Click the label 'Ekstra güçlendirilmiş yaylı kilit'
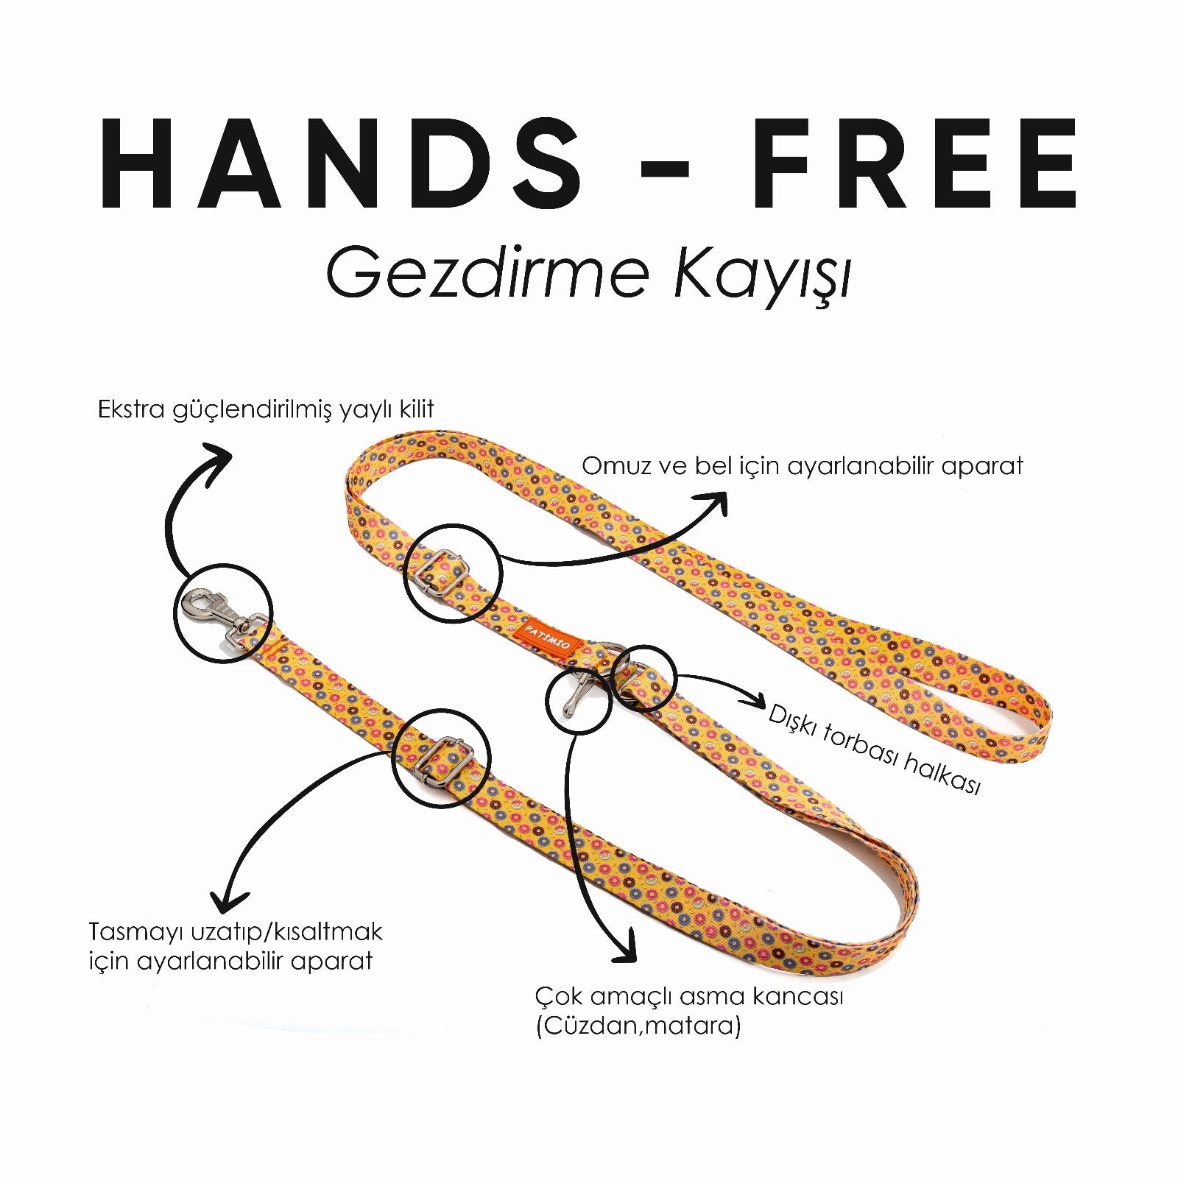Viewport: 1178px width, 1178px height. (266, 410)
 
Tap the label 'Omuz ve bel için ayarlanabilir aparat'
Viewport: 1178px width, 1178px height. (803, 467)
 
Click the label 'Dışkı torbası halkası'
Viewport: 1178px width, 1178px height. (874, 749)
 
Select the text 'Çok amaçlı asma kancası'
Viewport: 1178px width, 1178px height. (689, 998)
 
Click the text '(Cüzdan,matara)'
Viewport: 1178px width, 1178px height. (638, 1026)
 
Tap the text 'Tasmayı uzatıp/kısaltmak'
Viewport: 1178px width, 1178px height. (236, 933)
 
